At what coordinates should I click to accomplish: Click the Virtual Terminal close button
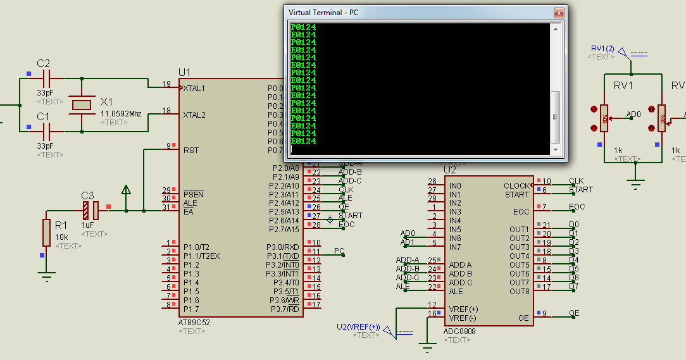pos(559,13)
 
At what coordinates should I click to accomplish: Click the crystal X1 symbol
pos(82,104)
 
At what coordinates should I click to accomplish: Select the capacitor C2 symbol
pos(46,78)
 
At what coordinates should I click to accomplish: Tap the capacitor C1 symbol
pos(46,131)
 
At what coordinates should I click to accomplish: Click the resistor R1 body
pos(46,232)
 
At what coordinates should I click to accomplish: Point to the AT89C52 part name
pos(194,322)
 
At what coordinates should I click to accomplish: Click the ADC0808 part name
pos(459,331)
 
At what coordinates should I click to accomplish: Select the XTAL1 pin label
pos(194,89)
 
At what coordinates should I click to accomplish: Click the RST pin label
pos(190,151)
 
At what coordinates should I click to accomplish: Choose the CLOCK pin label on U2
pos(516,186)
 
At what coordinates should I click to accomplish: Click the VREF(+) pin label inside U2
pos(464,308)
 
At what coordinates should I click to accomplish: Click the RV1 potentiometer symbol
pos(604,118)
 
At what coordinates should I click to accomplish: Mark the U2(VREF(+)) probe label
pos(358,326)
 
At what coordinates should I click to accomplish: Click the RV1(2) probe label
pos(602,49)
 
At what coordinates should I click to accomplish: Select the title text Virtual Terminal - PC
pos(324,13)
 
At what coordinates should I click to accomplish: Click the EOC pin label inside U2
pos(521,212)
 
